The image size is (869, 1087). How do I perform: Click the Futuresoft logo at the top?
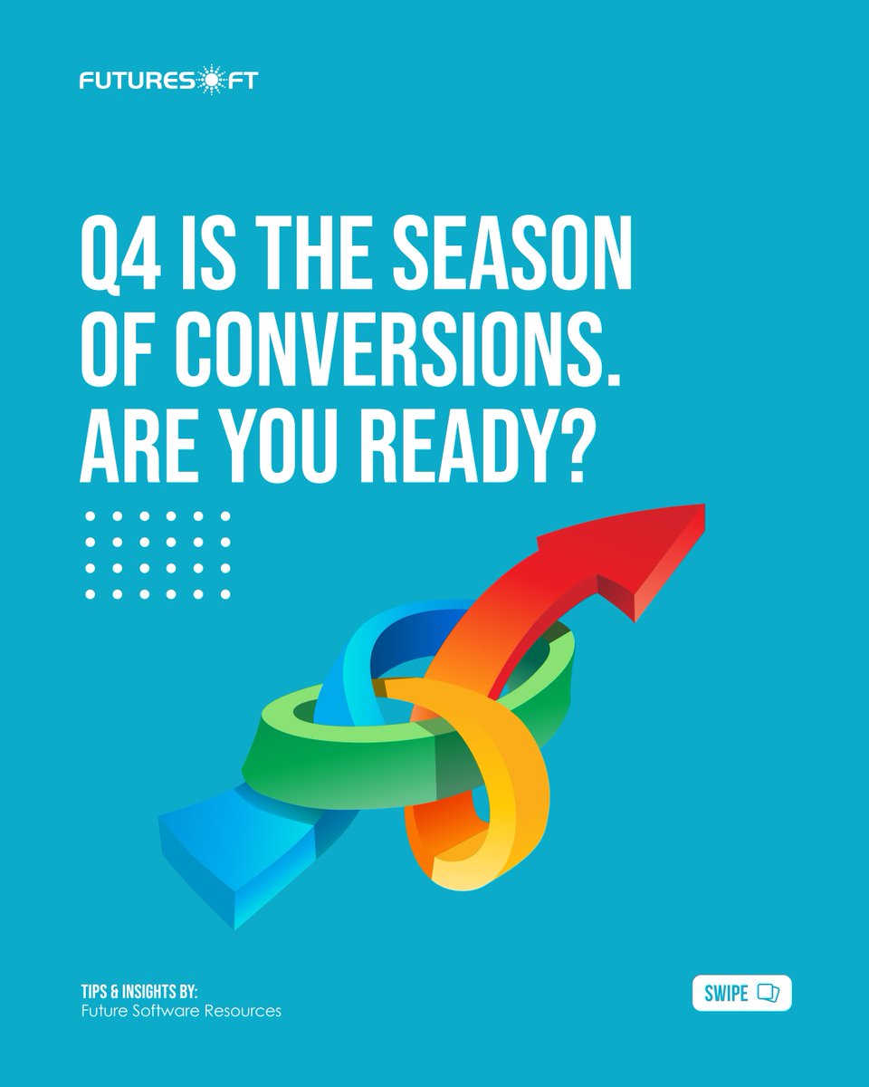point(167,81)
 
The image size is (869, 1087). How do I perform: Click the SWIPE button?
point(740,994)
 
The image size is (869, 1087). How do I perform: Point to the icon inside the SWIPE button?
point(768,994)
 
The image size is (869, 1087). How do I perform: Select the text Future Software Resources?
point(181,1011)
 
